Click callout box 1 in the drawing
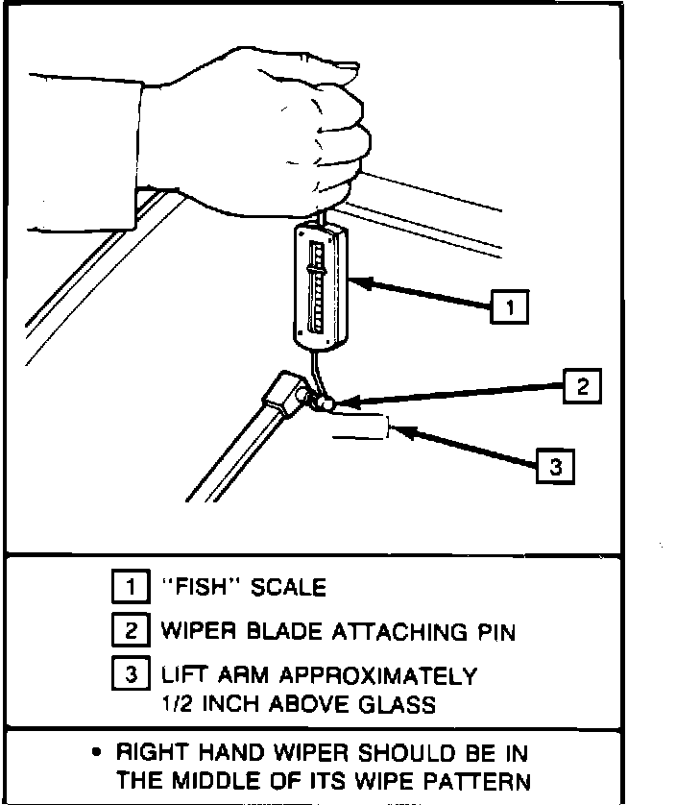pyautogui.click(x=509, y=307)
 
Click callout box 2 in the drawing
pyautogui.click(x=580, y=386)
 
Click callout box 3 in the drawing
pyautogui.click(x=553, y=467)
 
